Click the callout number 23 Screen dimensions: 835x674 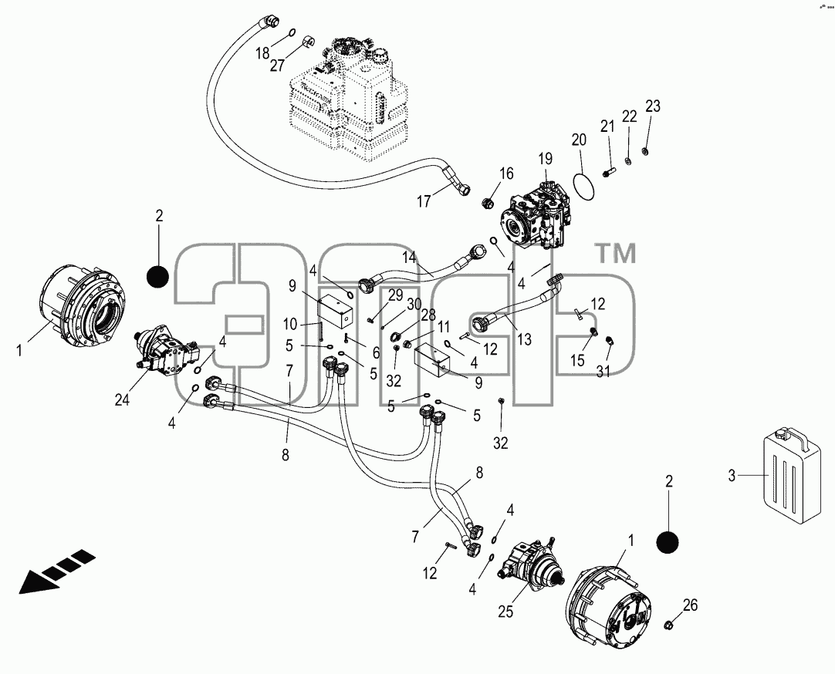click(653, 106)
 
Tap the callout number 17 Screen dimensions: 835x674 click(424, 202)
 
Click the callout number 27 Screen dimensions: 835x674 click(277, 65)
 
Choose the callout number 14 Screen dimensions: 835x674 click(409, 258)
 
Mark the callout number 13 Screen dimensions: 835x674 click(524, 339)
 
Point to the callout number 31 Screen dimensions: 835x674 click(603, 371)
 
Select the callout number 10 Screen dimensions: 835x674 click(289, 324)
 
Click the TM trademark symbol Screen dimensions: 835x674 click(615, 254)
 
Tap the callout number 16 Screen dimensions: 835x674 click(506, 174)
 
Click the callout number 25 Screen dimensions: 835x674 click(505, 612)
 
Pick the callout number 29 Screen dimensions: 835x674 click(395, 296)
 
